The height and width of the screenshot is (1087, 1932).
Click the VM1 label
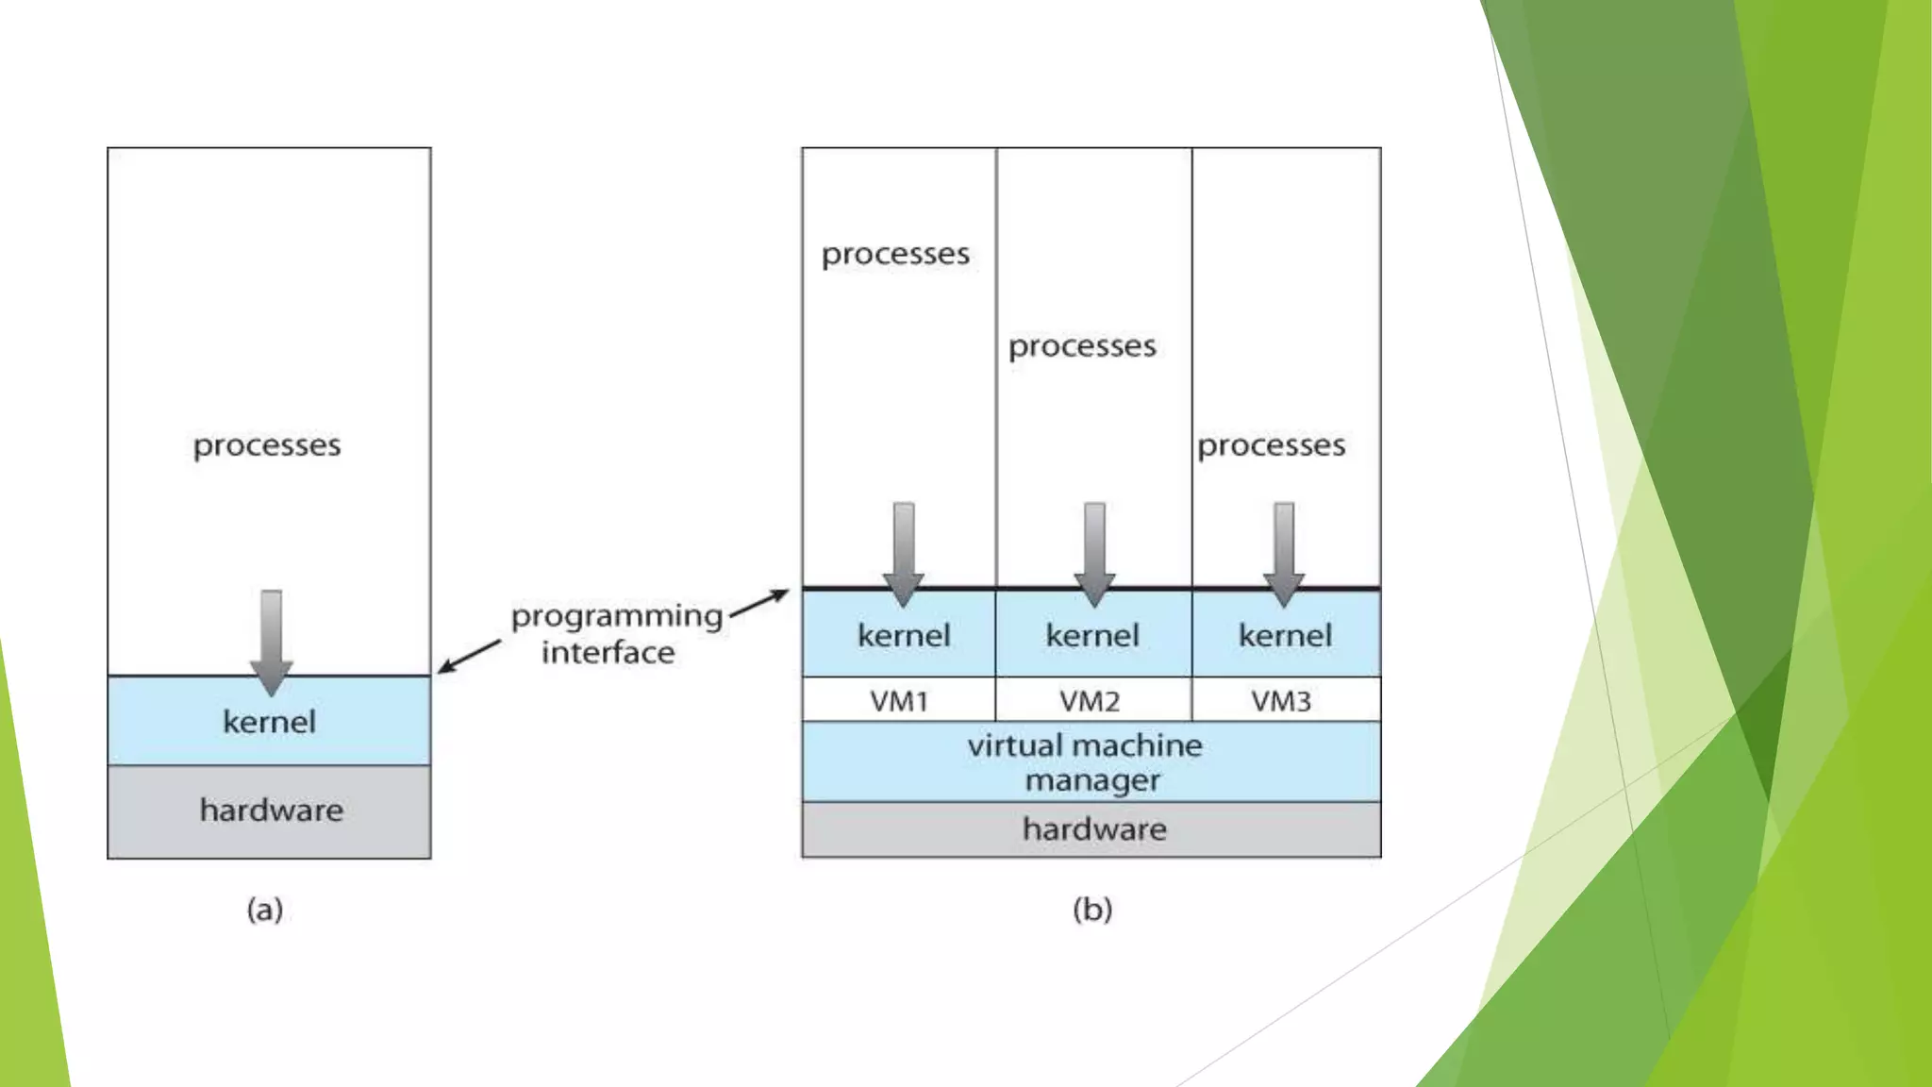point(899,701)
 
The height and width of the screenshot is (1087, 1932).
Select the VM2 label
point(1090,701)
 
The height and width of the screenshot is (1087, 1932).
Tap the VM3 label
point(1281,701)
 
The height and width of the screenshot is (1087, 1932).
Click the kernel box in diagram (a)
point(269,722)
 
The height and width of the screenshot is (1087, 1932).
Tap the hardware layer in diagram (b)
point(1093,829)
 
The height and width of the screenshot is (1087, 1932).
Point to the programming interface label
point(615,634)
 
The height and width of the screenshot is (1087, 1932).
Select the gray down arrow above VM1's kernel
point(903,553)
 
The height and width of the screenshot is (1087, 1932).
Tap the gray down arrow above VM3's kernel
point(1284,553)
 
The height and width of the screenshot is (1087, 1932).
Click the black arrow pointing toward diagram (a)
point(470,656)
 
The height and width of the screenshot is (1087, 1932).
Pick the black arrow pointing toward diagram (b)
point(759,604)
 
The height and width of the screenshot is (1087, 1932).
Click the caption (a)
point(265,910)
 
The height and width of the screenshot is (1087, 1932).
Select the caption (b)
point(1092,910)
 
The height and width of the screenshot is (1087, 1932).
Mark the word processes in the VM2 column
point(1082,346)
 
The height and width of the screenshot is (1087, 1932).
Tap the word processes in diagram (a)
point(267,445)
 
